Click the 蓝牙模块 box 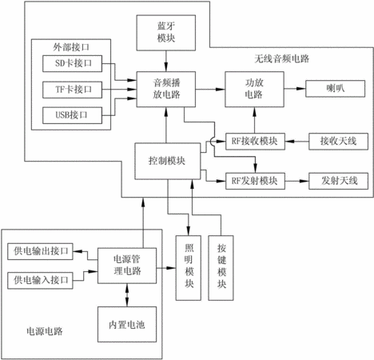click(166, 33)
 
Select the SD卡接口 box click(72, 63)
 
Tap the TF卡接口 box click(72, 90)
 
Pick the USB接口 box click(72, 115)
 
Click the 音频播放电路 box click(166, 90)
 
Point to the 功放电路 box click(254, 90)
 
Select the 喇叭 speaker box click(335, 89)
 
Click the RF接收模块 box click(255, 142)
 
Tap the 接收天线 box click(338, 142)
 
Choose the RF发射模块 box click(255, 182)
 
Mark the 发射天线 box click(338, 182)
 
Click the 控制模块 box click(168, 161)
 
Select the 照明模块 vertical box click(189, 268)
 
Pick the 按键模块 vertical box click(221, 268)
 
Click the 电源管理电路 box click(127, 266)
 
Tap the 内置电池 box click(127, 324)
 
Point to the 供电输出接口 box click(40, 251)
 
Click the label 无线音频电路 click(282, 58)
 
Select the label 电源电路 click(45, 331)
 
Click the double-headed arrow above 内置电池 click(127, 295)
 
